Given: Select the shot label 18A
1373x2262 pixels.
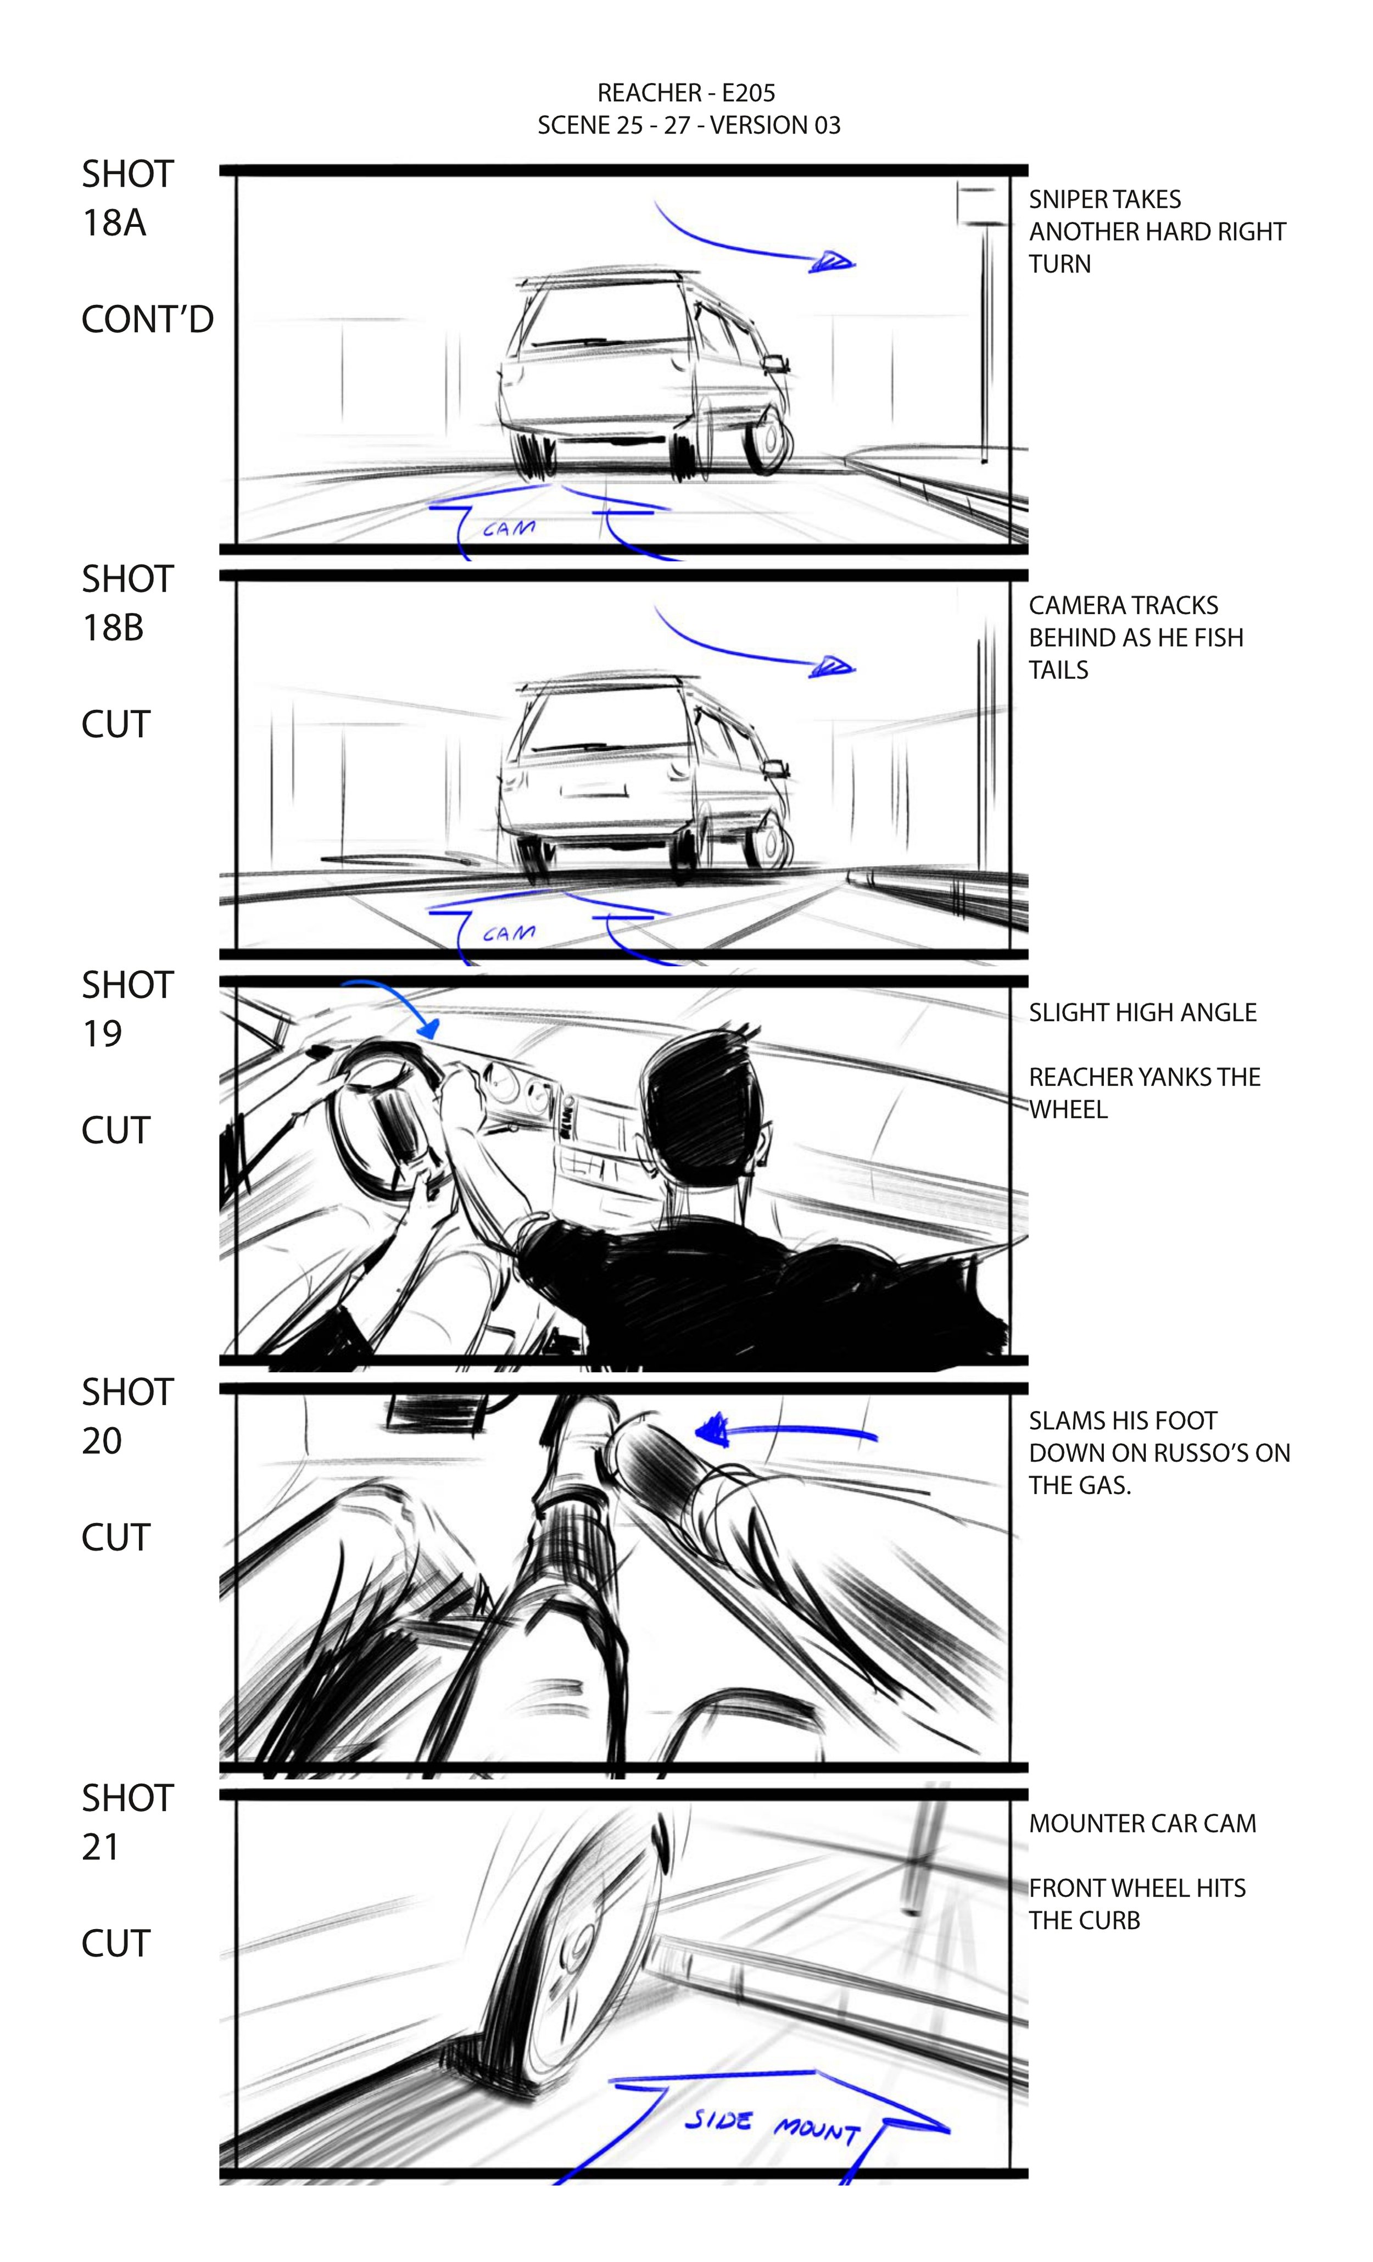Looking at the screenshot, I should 114,223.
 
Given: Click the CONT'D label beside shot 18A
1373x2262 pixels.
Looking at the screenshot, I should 147,320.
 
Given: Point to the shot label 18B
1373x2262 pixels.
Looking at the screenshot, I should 113,628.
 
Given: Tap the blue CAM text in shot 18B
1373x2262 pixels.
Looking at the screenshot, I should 509,933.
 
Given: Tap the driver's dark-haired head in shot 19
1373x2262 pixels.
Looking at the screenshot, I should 702,1093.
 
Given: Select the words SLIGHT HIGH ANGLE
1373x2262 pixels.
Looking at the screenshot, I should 1142,1012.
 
